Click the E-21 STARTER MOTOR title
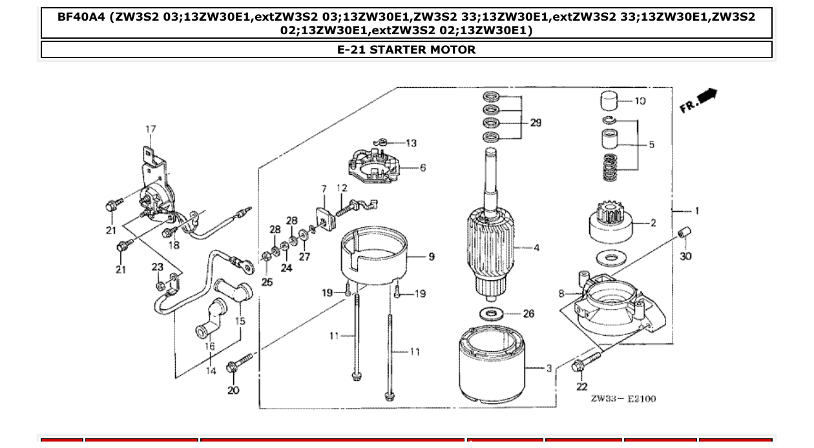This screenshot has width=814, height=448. point(406,50)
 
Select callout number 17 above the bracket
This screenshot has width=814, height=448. point(151,129)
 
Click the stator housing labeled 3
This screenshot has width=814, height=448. point(494,369)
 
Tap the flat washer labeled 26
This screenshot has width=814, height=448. point(494,314)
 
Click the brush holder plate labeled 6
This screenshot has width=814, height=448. point(374,167)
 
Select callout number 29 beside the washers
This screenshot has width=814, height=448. point(536,123)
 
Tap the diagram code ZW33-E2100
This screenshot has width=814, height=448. point(623,399)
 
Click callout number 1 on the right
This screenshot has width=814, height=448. point(697,210)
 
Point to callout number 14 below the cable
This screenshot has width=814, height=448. point(211,371)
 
